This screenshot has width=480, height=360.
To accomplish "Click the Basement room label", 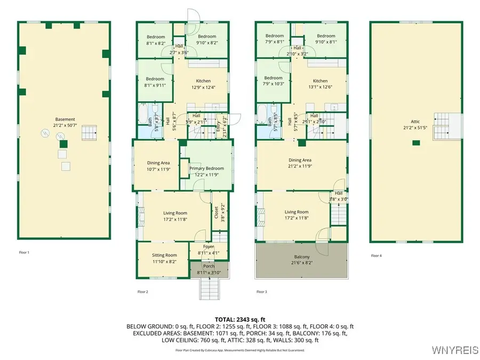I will [65, 119].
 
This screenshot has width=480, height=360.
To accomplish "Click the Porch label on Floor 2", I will [209, 266].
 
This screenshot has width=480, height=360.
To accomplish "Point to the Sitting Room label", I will [164, 255].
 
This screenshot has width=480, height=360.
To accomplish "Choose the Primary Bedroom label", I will [206, 169].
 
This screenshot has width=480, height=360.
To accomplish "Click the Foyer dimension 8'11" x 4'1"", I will [209, 253].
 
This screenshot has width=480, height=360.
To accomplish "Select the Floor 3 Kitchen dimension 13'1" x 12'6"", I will [320, 87].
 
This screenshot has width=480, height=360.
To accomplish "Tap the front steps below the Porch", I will [209, 289].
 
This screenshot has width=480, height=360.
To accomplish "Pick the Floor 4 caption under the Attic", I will [376, 255].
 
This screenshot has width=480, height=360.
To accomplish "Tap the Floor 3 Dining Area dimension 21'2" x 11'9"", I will [300, 166].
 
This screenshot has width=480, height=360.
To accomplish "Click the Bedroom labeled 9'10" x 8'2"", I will [207, 40].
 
